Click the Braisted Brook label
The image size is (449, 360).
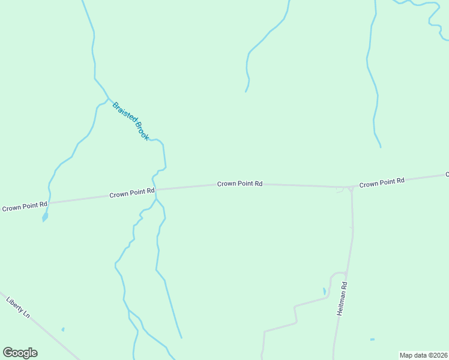130,121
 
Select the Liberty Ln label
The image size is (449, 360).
17,306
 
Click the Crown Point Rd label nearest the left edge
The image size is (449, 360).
25,208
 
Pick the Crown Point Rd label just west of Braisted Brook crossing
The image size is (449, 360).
132,194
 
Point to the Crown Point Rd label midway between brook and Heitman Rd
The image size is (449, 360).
240,184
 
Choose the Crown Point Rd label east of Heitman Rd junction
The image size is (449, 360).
382,181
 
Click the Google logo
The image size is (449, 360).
20,353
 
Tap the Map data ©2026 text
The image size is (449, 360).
423,355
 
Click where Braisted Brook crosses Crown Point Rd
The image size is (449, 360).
155,190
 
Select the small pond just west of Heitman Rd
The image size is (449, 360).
325,292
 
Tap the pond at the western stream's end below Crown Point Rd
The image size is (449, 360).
45,217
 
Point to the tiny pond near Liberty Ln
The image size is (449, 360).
62,329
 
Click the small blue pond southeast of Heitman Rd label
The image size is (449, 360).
372,340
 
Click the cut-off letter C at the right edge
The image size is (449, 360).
447,174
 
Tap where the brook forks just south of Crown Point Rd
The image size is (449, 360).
156,200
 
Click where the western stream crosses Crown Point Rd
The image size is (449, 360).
49,202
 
